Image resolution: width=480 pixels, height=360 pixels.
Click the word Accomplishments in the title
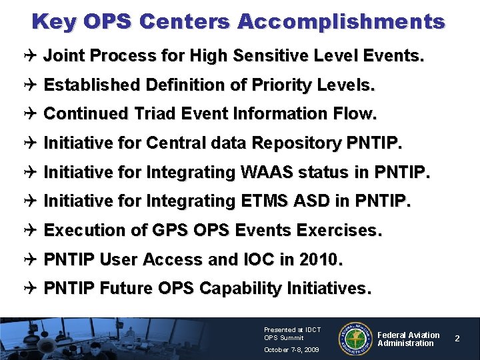pyautogui.click(x=341, y=22)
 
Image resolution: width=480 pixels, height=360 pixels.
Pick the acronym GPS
pyautogui.click(x=171, y=230)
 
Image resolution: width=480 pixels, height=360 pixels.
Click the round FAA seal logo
pyautogui.click(x=355, y=339)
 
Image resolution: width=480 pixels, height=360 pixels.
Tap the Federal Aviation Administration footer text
pyautogui.click(x=408, y=339)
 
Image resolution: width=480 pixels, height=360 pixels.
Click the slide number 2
pyautogui.click(x=457, y=339)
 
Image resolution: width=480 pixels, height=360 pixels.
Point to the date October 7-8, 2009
pyautogui.click(x=291, y=349)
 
